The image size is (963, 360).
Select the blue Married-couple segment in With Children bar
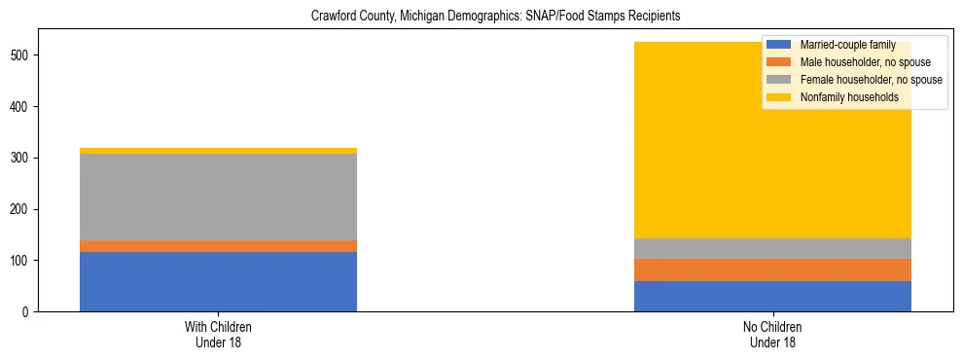coord(218,281)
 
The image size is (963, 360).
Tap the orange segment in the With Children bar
coord(218,246)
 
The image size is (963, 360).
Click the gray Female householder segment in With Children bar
coord(218,197)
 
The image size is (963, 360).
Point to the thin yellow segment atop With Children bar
coord(218,151)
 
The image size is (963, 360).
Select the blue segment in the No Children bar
coord(772,296)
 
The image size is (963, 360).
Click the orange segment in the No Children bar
coord(772,270)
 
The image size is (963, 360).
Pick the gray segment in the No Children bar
coord(772,248)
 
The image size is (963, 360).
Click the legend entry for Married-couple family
coord(847,45)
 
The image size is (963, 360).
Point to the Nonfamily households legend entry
coord(849,97)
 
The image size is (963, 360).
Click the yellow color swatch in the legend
coord(779,97)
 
